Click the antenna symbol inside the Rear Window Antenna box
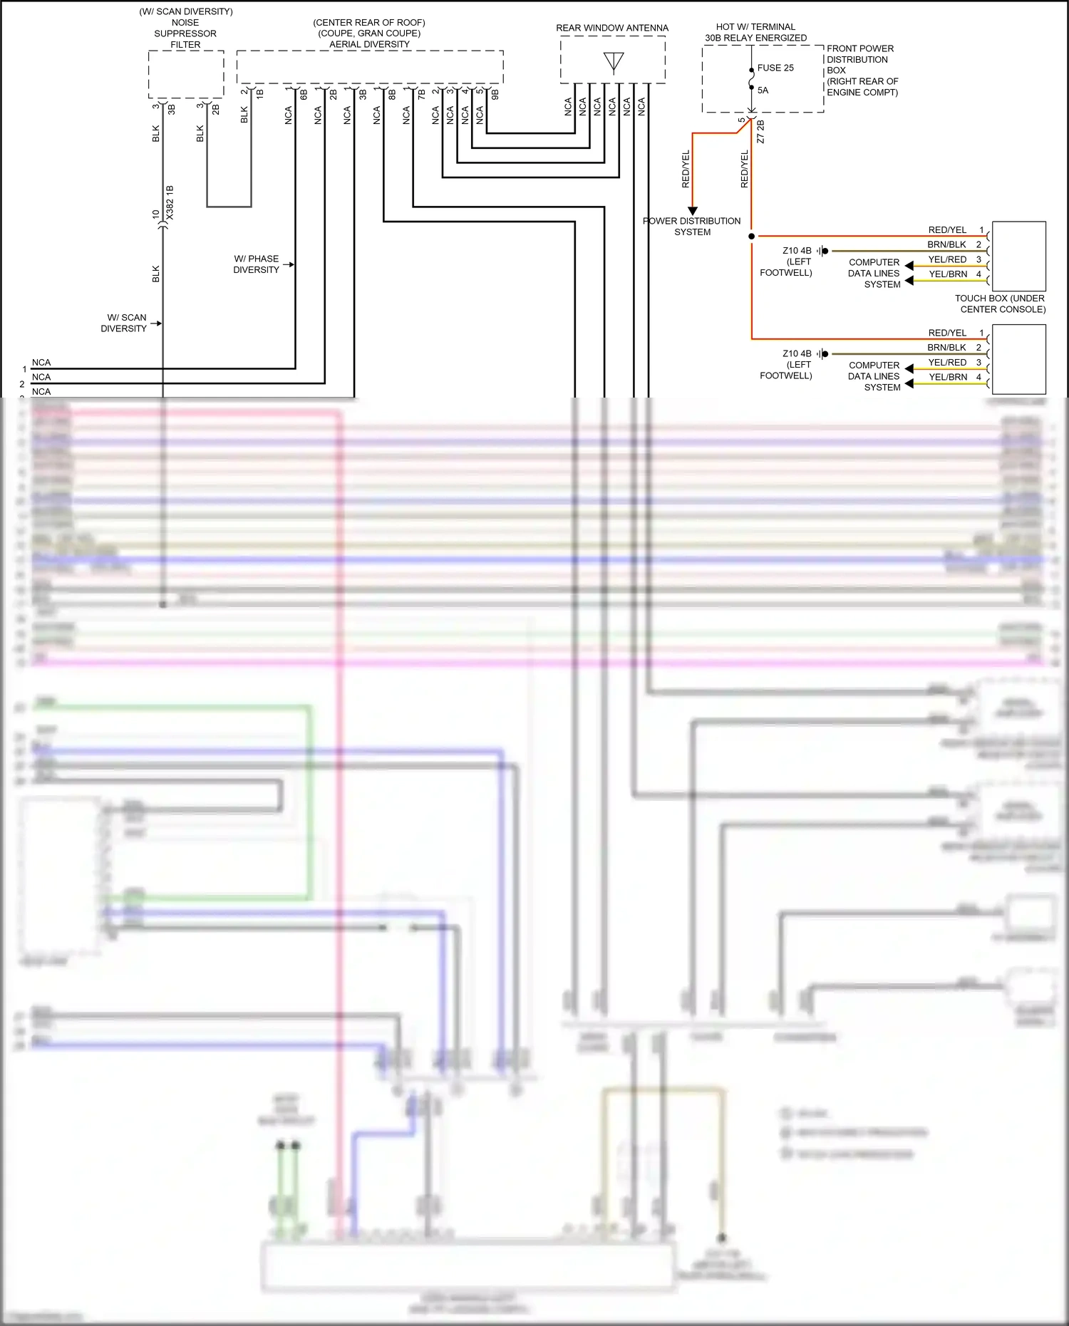click(613, 62)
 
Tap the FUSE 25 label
click(775, 68)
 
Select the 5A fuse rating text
click(763, 90)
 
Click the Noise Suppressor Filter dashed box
click(185, 74)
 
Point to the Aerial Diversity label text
click(369, 44)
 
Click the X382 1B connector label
click(170, 202)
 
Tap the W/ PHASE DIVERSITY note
click(257, 264)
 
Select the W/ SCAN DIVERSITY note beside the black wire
click(124, 323)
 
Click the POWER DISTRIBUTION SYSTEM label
click(692, 227)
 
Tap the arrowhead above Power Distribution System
click(692, 211)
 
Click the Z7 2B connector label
click(760, 132)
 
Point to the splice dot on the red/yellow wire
click(752, 236)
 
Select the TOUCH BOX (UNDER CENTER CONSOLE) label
click(1000, 304)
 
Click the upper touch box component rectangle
click(1018, 256)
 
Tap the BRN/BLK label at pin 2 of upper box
click(946, 244)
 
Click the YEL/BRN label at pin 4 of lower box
click(948, 377)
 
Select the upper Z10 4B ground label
click(797, 251)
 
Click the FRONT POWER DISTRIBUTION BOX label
click(862, 70)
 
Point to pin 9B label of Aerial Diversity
click(495, 93)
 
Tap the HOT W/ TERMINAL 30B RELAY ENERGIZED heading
click(755, 32)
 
